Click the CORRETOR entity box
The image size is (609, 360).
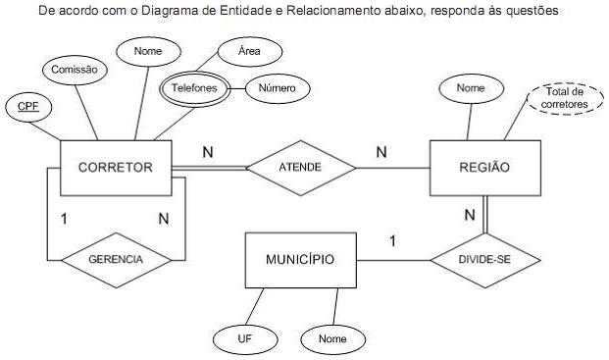(x=116, y=168)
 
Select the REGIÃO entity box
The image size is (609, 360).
(x=483, y=168)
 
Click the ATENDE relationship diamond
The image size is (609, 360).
(x=300, y=168)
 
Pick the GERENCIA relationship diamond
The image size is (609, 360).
(x=116, y=261)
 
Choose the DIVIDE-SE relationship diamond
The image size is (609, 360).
(x=484, y=261)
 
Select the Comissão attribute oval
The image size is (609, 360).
(x=73, y=69)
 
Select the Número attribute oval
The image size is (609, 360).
(x=277, y=88)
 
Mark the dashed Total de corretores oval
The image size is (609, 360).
(x=563, y=98)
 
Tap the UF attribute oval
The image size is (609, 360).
(x=246, y=338)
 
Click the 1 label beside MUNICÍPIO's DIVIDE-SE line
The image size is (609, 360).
(x=392, y=239)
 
